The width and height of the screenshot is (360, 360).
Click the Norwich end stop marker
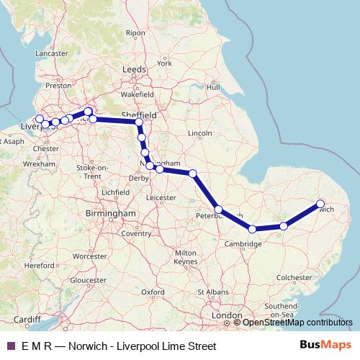tap(320, 203)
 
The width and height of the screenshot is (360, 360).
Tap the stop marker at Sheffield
tap(139, 122)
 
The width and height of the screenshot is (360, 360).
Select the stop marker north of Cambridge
tap(252, 229)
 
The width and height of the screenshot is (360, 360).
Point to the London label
tap(227, 316)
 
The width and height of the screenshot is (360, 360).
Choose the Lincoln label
tap(199, 133)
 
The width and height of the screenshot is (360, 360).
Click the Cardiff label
tap(27, 320)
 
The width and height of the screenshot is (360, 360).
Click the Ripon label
tap(135, 33)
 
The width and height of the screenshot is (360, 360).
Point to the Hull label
tap(212, 87)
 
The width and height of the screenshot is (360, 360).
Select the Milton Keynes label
tap(185, 257)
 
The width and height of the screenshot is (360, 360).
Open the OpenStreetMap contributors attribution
tap(297, 323)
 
